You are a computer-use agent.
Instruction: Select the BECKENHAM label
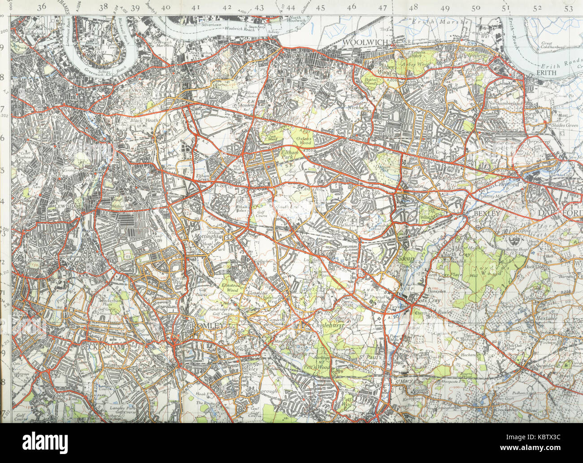click(x=99, y=347)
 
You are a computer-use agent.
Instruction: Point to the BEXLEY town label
click(x=487, y=214)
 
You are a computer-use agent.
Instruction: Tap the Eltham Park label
click(x=289, y=156)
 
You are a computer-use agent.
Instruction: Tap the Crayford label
click(x=507, y=184)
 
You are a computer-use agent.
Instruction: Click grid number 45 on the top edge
click(x=320, y=8)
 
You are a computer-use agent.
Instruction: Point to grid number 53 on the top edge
click(x=569, y=8)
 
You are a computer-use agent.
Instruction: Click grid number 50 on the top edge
click(x=476, y=8)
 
